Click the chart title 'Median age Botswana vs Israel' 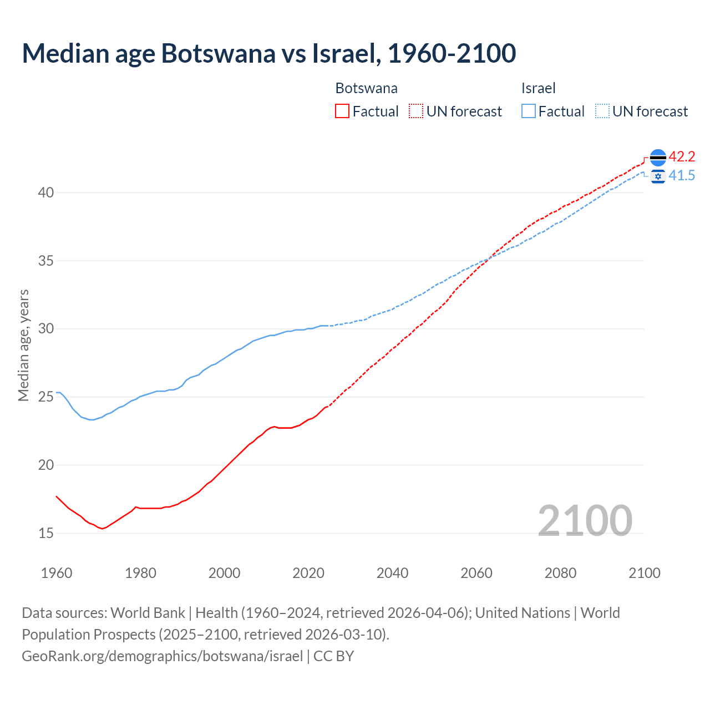pos(269,53)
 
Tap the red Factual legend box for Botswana pos(342,111)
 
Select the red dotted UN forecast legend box pos(416,111)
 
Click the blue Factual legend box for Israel pos(529,111)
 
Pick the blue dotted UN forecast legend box pos(602,111)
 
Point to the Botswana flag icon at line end pos(657,158)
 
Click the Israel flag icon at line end pos(658,176)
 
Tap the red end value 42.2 pos(682,157)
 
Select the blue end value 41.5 pos(682,176)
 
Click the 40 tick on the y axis pos(46,193)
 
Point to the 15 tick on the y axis pos(46,533)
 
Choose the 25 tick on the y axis pos(46,397)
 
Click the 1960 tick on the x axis pos(57,573)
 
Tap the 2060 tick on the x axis pos(476,573)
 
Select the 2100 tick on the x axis pos(644,573)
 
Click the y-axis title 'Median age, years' pos(23,345)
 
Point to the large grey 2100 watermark pos(585,520)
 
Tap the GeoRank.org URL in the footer pos(162,656)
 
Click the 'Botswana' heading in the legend pos(366,88)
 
